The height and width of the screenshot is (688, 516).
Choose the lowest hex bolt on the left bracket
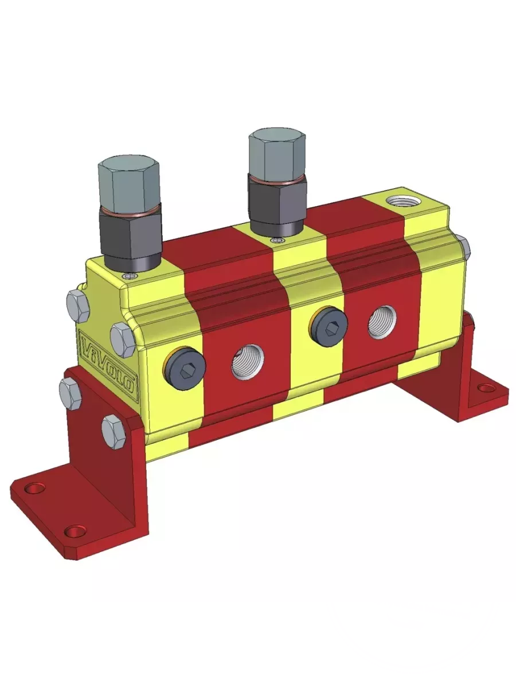point(114,431)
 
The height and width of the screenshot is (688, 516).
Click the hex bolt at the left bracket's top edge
point(71,393)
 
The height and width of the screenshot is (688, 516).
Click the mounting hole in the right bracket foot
point(486,388)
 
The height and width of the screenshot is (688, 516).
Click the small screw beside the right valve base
point(279,240)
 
